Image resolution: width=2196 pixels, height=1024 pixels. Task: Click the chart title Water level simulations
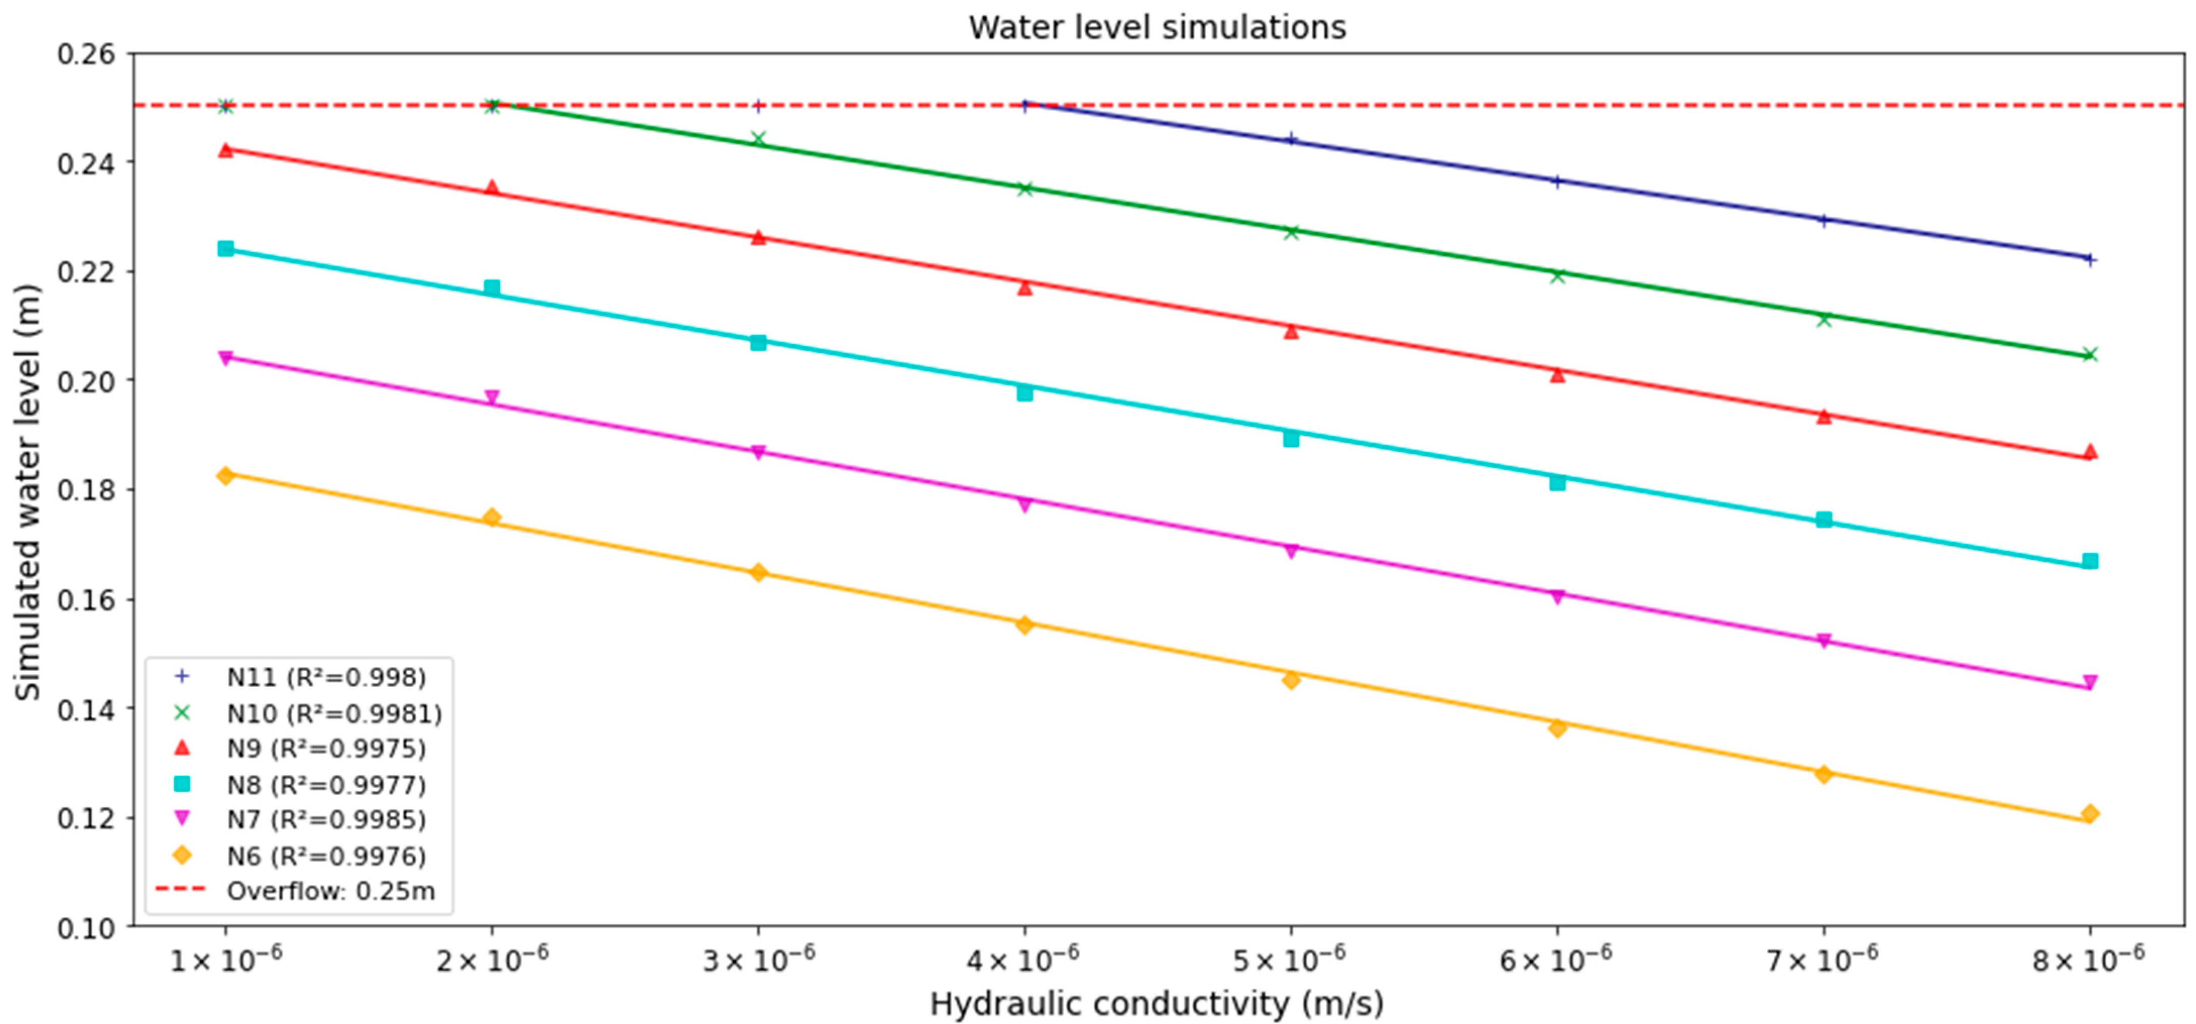pyautogui.click(x=1157, y=27)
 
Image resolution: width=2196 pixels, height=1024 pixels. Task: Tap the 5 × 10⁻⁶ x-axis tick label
pyautogui.click(x=1290, y=961)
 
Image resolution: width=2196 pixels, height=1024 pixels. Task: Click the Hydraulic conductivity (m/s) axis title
pyautogui.click(x=1157, y=1003)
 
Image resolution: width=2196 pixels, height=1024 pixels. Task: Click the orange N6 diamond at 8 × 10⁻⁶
pyautogui.click(x=2090, y=814)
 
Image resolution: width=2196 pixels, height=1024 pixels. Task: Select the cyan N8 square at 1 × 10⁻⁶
pyautogui.click(x=226, y=249)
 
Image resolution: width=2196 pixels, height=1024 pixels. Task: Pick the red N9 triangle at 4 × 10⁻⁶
pyautogui.click(x=1025, y=288)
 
